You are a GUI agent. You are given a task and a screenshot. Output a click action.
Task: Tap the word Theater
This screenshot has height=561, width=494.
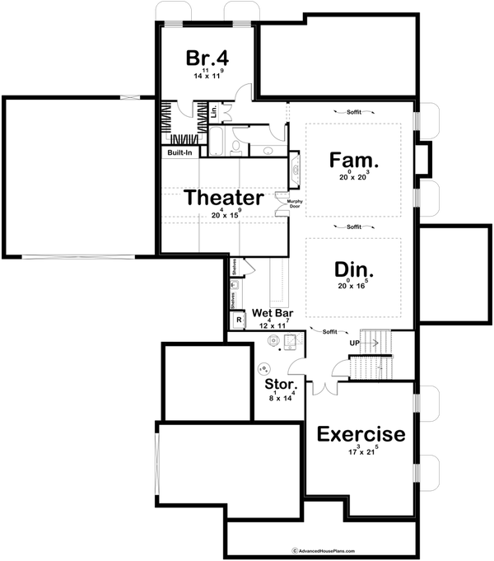pos(224,198)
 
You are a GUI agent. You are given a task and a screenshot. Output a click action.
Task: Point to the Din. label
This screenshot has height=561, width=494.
pos(354,269)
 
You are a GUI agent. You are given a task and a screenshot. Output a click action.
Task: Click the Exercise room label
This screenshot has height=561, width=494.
pos(361,433)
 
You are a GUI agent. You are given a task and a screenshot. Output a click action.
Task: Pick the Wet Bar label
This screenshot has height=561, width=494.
pos(273,313)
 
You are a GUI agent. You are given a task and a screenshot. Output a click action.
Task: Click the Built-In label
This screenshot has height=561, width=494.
pos(180,152)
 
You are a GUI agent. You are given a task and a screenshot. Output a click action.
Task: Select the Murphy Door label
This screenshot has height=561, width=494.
pos(294,203)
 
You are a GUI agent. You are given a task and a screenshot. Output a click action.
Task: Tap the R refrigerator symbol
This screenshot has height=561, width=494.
pos(239,320)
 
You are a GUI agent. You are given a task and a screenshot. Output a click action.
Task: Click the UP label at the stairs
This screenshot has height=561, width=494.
pos(356,342)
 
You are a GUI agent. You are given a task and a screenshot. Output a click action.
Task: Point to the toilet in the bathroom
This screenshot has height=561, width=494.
pos(236,147)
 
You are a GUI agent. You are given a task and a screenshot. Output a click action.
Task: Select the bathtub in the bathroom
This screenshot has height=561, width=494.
pos(216,141)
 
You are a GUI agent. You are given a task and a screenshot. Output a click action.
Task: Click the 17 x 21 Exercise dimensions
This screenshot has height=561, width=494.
pos(361,452)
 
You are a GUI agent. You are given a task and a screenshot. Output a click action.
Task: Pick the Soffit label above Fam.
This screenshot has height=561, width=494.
pos(354,110)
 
